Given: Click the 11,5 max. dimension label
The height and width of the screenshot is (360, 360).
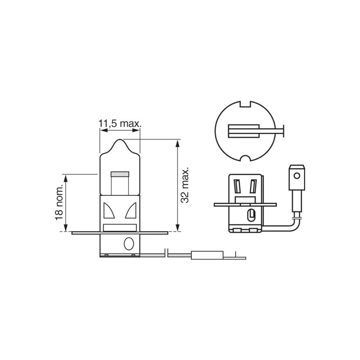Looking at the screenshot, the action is click(x=120, y=124).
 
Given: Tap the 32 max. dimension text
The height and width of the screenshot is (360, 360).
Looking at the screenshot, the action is click(x=185, y=185).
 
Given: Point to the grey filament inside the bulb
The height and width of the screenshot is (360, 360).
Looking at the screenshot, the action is click(x=120, y=174).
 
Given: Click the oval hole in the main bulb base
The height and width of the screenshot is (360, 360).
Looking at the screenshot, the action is click(x=129, y=243).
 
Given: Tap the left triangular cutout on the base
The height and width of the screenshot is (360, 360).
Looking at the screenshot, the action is click(x=108, y=210).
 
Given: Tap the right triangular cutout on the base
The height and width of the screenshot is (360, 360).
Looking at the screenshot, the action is click(x=131, y=210).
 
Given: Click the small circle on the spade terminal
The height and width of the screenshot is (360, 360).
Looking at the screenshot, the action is click(x=297, y=176).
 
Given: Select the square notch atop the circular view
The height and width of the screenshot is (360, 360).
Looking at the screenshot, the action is click(x=245, y=104).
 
